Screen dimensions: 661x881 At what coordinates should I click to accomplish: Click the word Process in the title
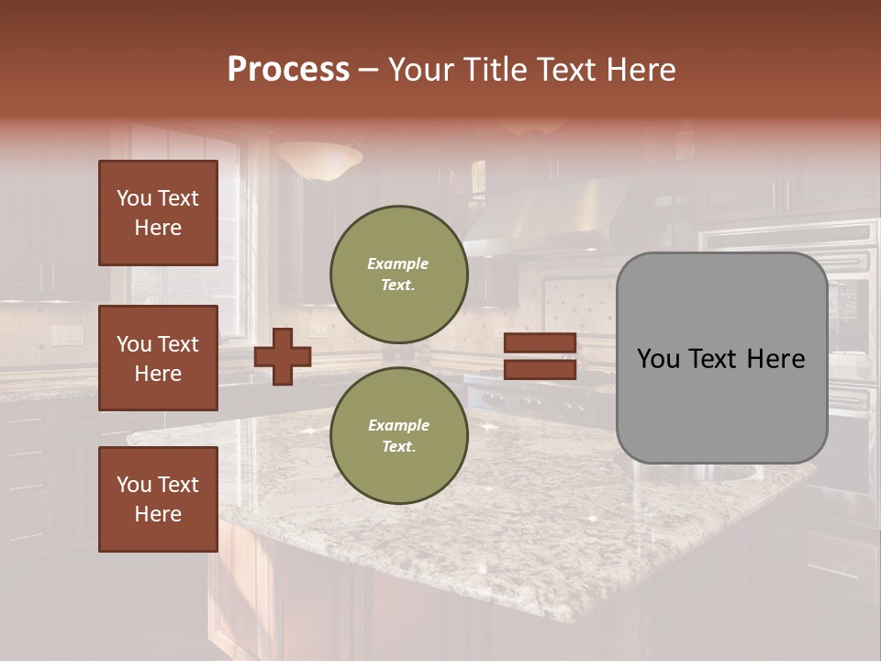pos(288,70)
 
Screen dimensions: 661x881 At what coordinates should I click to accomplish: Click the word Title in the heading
pos(496,70)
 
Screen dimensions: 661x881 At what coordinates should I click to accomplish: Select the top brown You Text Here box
pos(158,213)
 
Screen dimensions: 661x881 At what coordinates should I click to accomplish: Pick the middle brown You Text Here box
pos(158,358)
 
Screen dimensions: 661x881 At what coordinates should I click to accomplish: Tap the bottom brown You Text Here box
pos(158,499)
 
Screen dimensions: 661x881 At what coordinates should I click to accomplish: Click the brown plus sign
pos(283,356)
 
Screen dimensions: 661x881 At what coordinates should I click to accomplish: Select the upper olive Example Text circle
pos(399,274)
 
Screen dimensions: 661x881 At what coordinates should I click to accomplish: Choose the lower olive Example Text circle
pos(399,436)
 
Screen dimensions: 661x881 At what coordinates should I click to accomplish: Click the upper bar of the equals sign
pos(541,343)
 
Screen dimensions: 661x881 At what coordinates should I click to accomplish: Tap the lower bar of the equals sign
pos(541,370)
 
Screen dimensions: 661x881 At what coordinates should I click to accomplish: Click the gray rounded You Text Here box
pos(721,358)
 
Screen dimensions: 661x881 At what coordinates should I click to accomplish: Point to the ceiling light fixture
pos(318,161)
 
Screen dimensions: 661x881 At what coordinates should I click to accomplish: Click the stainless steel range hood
pos(551,216)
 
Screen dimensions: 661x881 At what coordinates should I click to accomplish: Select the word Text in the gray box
pos(716,359)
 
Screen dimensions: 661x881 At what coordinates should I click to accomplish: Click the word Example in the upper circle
pos(398,263)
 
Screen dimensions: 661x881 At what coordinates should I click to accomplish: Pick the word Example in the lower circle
pos(398,425)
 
